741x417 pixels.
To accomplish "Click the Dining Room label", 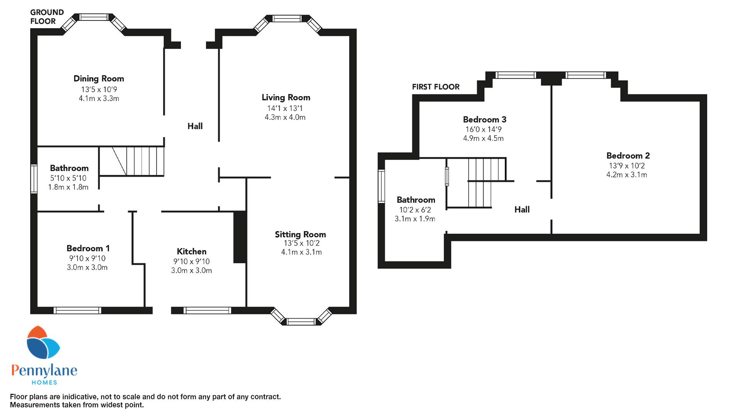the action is coord(99,79).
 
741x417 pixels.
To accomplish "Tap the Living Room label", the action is coord(286,98).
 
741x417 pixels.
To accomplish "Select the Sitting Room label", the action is coord(300,234).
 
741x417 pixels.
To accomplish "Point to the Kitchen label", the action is coord(191,251).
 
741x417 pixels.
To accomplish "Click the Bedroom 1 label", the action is coord(88,248).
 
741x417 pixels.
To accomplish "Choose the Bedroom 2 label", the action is coord(628,156).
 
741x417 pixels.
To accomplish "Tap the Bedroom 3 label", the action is coord(485,119).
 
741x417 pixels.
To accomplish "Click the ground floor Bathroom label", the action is coord(69,168).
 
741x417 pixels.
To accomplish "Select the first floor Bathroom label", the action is coord(416,200).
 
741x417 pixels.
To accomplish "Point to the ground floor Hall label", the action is coord(195,126).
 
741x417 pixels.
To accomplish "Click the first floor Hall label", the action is coord(522,209).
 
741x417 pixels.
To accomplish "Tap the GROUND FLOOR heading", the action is coord(47,17).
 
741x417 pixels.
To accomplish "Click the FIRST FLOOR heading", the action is coord(436,87).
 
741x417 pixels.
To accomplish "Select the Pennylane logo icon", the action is coord(43,342).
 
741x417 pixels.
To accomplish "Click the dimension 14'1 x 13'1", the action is coord(285,108).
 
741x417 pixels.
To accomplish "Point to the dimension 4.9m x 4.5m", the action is coord(483,139).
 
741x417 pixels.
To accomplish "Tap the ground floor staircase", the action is coord(132,161).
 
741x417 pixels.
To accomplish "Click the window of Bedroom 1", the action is coord(77,310).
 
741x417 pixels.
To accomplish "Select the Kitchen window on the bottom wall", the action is coord(207,310).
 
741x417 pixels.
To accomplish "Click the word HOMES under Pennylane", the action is coord(44,383).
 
